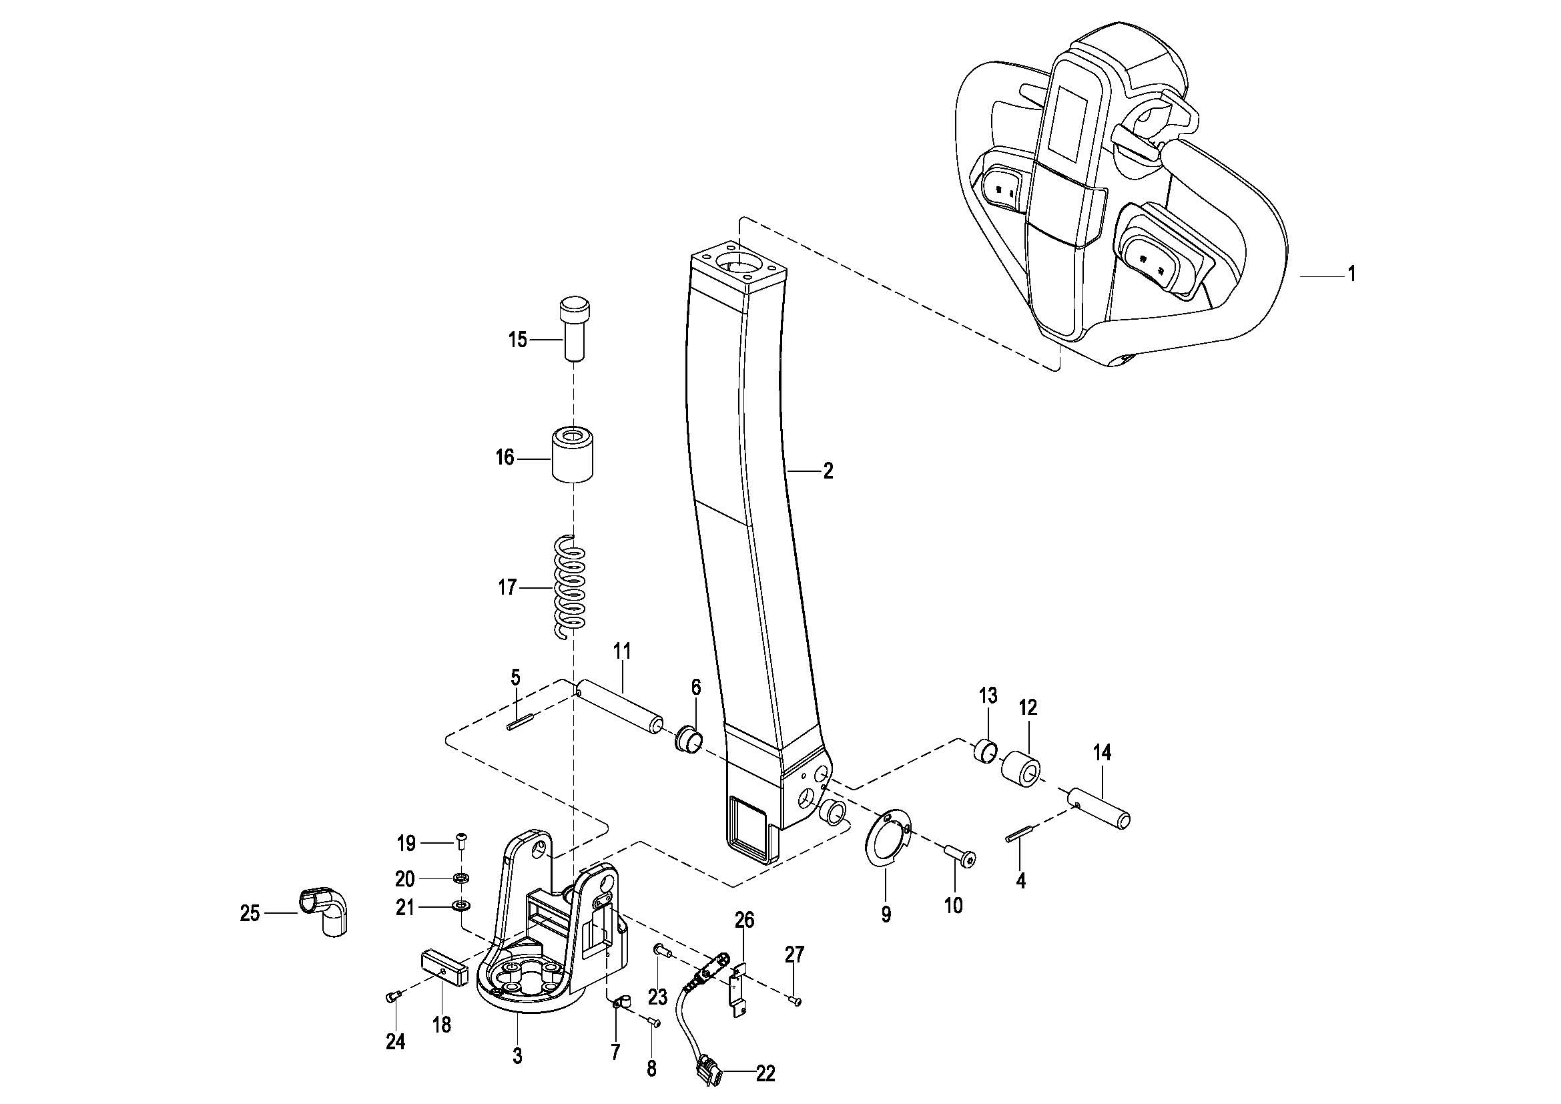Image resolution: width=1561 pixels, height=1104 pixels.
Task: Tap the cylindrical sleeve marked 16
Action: pos(571,455)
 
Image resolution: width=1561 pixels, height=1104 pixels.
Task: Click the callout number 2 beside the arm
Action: pos(828,471)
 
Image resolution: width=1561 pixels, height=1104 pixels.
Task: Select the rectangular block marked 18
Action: pos(443,966)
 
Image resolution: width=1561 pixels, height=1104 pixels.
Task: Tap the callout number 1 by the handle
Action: pos(1351,274)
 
